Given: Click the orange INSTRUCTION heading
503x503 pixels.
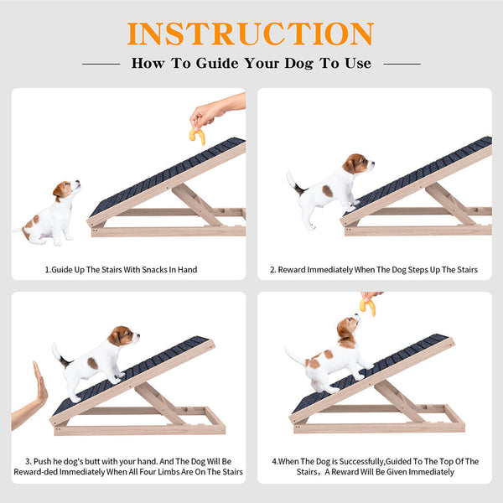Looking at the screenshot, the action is [251, 34].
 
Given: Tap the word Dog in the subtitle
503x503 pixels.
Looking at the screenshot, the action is [299, 63].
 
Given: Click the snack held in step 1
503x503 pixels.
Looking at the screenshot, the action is [197, 136].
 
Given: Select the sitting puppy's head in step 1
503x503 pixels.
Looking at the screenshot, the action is [66, 189].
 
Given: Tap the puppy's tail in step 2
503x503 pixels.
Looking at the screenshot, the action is [296, 184].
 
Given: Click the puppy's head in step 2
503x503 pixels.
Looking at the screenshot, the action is [358, 163].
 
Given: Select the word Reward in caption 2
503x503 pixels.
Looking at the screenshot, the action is [291, 270].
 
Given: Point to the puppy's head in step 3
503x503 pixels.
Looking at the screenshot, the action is [123, 336].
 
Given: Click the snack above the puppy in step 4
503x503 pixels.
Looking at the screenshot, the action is [368, 306].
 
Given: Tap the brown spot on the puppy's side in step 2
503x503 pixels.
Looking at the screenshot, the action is [328, 191].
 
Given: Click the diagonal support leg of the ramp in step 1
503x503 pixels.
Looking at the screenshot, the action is [196, 205].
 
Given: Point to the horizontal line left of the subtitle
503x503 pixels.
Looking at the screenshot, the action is [101, 65].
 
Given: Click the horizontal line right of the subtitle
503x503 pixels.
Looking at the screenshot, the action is [402, 65].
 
